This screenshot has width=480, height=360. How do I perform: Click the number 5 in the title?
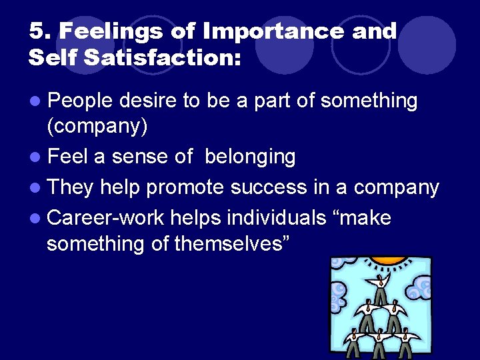coord(36,31)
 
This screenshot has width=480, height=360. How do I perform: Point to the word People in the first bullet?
coord(82,101)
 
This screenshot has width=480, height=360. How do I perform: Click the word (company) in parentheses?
coord(97,125)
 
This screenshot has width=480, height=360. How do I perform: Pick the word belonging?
coord(250,157)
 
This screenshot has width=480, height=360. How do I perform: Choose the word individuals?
coord(269,217)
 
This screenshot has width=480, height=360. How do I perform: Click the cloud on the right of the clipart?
coord(419,289)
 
